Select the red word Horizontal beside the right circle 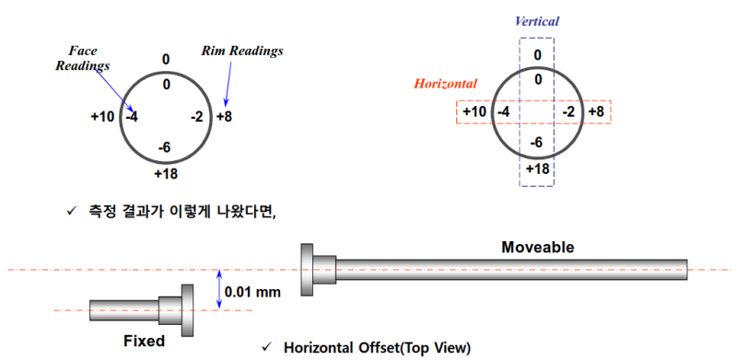[446, 84]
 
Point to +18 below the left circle [167, 173]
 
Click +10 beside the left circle [102, 116]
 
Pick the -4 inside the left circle [132, 116]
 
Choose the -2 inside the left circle [196, 117]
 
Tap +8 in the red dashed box [596, 112]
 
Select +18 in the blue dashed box [538, 169]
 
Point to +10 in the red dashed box [474, 112]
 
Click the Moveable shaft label [538, 248]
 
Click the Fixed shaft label [144, 341]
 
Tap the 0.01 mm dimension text [253, 292]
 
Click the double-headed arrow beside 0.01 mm [218, 290]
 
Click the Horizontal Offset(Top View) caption [377, 348]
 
